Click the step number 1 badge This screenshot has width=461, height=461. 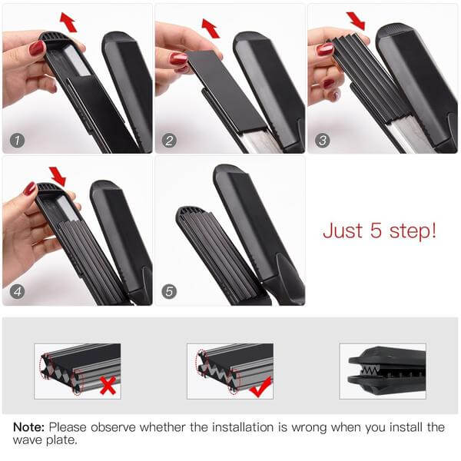(17, 141)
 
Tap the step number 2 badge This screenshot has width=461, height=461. (169, 141)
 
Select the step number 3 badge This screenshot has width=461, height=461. (323, 141)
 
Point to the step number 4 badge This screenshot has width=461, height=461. (17, 292)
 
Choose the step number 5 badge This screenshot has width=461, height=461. (169, 292)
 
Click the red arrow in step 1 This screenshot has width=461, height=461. (68, 22)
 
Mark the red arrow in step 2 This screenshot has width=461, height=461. (211, 28)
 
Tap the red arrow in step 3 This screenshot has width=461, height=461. (356, 22)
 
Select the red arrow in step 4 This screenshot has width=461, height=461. (58, 177)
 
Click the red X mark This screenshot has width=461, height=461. (108, 386)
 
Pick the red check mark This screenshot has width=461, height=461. (260, 387)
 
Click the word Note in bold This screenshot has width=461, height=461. (29, 427)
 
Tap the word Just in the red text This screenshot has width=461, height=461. (343, 230)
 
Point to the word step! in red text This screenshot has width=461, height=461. (413, 231)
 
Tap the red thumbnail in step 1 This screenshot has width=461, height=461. (37, 48)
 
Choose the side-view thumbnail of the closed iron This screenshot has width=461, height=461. (383, 371)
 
